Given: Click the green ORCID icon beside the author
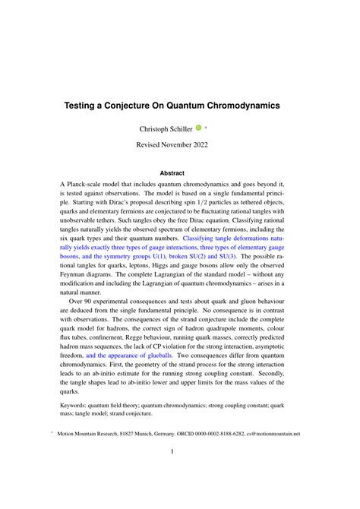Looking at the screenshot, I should (198, 128).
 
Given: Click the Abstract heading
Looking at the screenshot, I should (179, 172).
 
